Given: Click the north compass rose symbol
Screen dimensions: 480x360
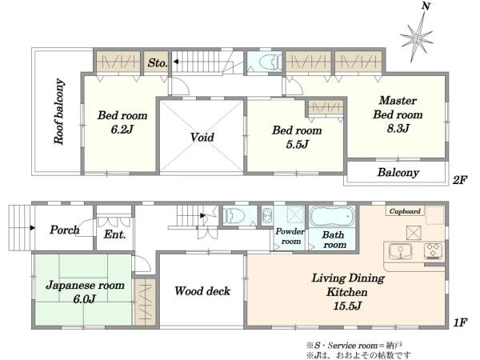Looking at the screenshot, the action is (x=417, y=39).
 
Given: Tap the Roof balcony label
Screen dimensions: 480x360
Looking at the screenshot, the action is (x=59, y=111).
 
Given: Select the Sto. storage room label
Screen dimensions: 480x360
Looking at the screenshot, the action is (x=158, y=62).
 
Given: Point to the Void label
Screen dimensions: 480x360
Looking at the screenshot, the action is (x=202, y=137).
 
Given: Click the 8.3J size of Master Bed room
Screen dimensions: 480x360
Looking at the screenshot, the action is (x=398, y=128).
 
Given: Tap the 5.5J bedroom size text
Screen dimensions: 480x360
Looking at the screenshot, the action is (x=297, y=144).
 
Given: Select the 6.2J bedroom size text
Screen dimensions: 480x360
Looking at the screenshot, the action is (x=122, y=129).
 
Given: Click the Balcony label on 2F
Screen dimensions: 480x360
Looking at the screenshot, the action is (x=398, y=172).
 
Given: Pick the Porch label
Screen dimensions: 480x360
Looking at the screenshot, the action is (x=65, y=230).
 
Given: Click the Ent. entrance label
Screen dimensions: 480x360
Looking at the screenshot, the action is (x=114, y=234).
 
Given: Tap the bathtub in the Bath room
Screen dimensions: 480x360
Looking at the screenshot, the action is (x=332, y=217).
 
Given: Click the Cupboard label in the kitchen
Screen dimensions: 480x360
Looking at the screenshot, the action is (x=405, y=211).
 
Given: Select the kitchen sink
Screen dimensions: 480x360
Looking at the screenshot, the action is (x=400, y=251).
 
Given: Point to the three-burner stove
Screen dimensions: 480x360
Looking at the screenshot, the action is (x=433, y=251).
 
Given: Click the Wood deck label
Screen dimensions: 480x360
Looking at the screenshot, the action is (x=202, y=291).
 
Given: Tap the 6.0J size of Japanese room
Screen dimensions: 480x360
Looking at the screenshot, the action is (x=85, y=298).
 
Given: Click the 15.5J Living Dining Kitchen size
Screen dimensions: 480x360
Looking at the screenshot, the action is (x=347, y=306).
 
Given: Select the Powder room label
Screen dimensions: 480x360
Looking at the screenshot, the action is (x=290, y=236).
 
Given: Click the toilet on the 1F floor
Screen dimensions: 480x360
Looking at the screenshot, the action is (x=234, y=216).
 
